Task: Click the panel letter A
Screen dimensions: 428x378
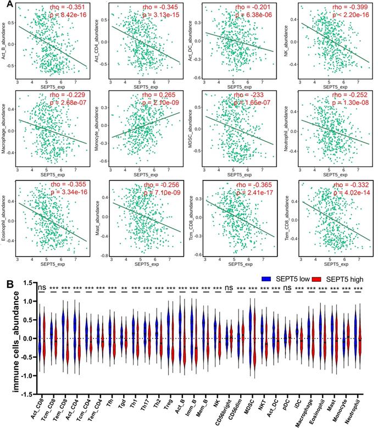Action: tap(7, 5)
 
